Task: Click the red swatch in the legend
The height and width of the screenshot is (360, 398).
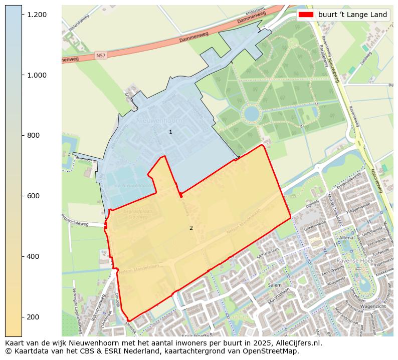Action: (x=306, y=15)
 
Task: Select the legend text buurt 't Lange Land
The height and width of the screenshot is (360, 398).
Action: (x=352, y=15)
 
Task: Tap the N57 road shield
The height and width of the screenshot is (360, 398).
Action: (x=100, y=55)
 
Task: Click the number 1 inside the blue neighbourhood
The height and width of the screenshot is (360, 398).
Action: (x=170, y=132)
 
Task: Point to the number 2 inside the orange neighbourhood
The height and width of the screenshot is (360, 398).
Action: (x=191, y=228)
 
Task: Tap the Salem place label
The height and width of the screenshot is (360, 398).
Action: (x=275, y=284)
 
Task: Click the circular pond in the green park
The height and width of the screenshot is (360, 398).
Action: (x=252, y=113)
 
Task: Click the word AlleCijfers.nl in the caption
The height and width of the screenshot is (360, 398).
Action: (x=291, y=343)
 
